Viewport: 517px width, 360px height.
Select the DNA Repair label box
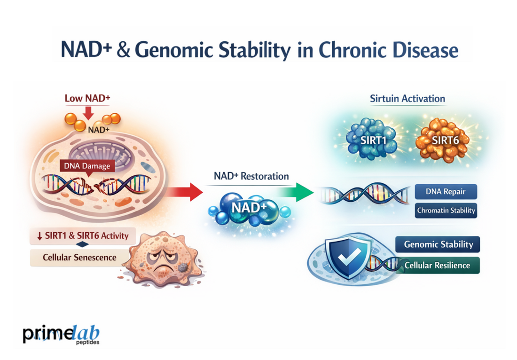click(446, 192)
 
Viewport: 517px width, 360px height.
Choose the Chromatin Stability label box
click(446, 211)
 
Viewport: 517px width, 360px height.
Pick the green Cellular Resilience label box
click(438, 265)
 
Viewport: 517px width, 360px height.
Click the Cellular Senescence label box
click(73, 258)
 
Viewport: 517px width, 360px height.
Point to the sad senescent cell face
click(160, 259)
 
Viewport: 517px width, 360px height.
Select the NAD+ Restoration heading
click(251, 176)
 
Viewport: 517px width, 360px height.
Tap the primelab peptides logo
click(61, 334)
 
